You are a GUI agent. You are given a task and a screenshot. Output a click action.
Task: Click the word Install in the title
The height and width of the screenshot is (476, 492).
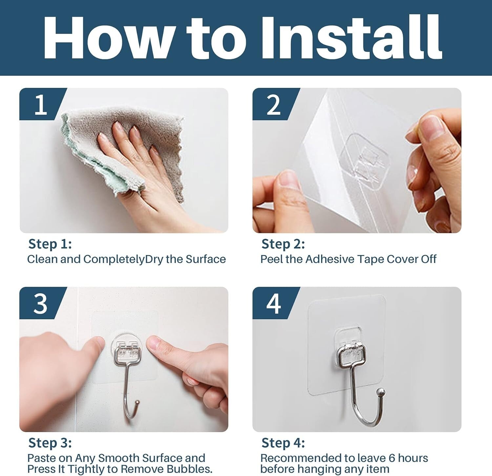click(x=351, y=38)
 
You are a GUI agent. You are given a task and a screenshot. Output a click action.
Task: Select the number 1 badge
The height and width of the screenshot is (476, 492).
click(x=41, y=105)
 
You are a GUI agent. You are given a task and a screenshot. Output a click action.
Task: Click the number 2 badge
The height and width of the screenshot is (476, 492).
click(x=274, y=105)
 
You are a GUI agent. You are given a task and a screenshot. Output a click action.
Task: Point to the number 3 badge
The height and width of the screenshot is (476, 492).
click(x=41, y=304)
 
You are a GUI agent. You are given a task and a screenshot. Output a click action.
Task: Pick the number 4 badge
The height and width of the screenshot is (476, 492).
click(x=274, y=304)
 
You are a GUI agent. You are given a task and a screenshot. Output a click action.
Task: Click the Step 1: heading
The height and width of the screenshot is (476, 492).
click(x=50, y=244)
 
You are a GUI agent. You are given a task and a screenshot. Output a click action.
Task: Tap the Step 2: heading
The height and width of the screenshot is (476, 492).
click(x=283, y=244)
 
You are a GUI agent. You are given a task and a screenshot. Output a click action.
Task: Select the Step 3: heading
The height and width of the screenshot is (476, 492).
click(x=50, y=443)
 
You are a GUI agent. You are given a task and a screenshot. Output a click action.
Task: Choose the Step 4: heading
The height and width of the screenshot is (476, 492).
click(x=283, y=443)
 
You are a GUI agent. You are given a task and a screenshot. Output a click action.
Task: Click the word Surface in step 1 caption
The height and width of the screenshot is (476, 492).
click(x=206, y=259)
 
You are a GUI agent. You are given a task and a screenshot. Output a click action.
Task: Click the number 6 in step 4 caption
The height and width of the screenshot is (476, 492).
click(x=392, y=458)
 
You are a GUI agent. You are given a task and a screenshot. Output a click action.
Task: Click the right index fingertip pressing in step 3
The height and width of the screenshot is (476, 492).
click(x=154, y=344)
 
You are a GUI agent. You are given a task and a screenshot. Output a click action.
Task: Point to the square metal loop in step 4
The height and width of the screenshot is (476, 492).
click(x=351, y=356)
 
